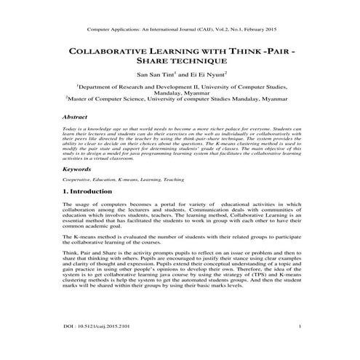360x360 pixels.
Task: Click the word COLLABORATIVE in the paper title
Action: click(108, 52)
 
